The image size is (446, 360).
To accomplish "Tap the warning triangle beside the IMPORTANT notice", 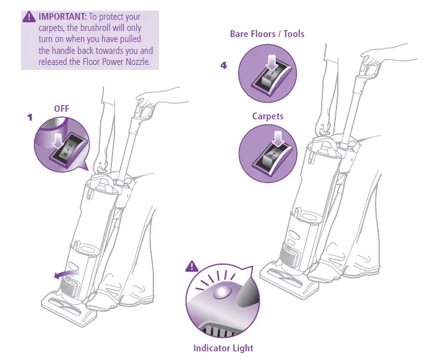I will [x=28, y=17].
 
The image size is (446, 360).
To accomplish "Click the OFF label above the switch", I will [x=61, y=108].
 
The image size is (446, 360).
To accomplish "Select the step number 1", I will [x=29, y=117].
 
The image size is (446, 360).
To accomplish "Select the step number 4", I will [x=223, y=65].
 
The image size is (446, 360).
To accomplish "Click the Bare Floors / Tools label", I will [x=267, y=33].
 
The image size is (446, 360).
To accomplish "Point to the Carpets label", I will [x=267, y=116].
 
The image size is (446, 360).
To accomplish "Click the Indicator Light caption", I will [x=223, y=348].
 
